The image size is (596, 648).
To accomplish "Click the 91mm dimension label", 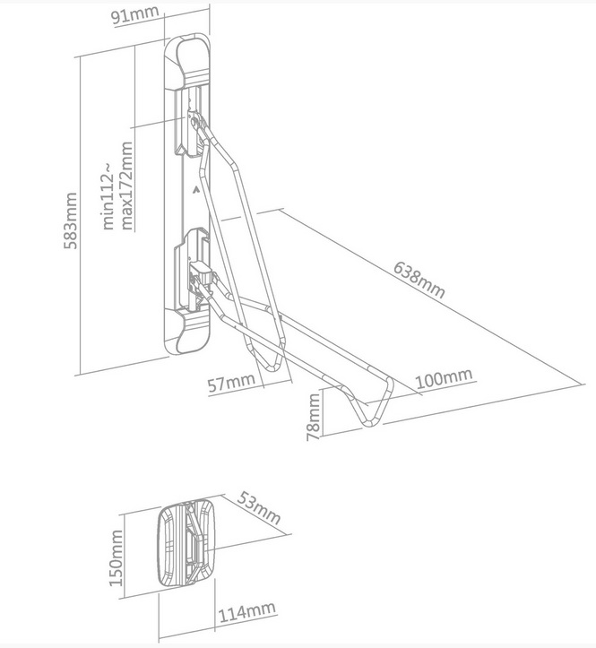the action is (x=135, y=15).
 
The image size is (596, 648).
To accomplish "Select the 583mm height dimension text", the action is (x=70, y=220).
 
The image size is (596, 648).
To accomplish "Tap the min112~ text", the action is (x=108, y=196).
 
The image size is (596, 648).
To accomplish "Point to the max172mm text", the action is (x=126, y=186).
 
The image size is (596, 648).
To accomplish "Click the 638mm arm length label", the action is (x=419, y=280).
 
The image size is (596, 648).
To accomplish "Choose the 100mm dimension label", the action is (x=444, y=378).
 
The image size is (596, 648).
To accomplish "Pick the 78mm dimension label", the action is (x=314, y=417).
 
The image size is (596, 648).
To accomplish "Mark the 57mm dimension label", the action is (x=231, y=383).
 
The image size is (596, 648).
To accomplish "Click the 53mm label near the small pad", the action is (x=259, y=507).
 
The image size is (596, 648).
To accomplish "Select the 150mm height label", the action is (x=116, y=558).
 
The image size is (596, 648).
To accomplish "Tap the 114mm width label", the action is (x=246, y=613).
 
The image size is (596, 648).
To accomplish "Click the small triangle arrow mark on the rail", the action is (x=195, y=190).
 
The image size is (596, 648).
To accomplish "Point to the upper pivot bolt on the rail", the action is (x=194, y=122).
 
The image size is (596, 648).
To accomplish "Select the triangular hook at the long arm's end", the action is (x=373, y=402).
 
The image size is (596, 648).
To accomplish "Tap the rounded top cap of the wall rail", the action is (x=188, y=60).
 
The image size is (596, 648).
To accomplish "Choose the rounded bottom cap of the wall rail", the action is (x=188, y=333).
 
